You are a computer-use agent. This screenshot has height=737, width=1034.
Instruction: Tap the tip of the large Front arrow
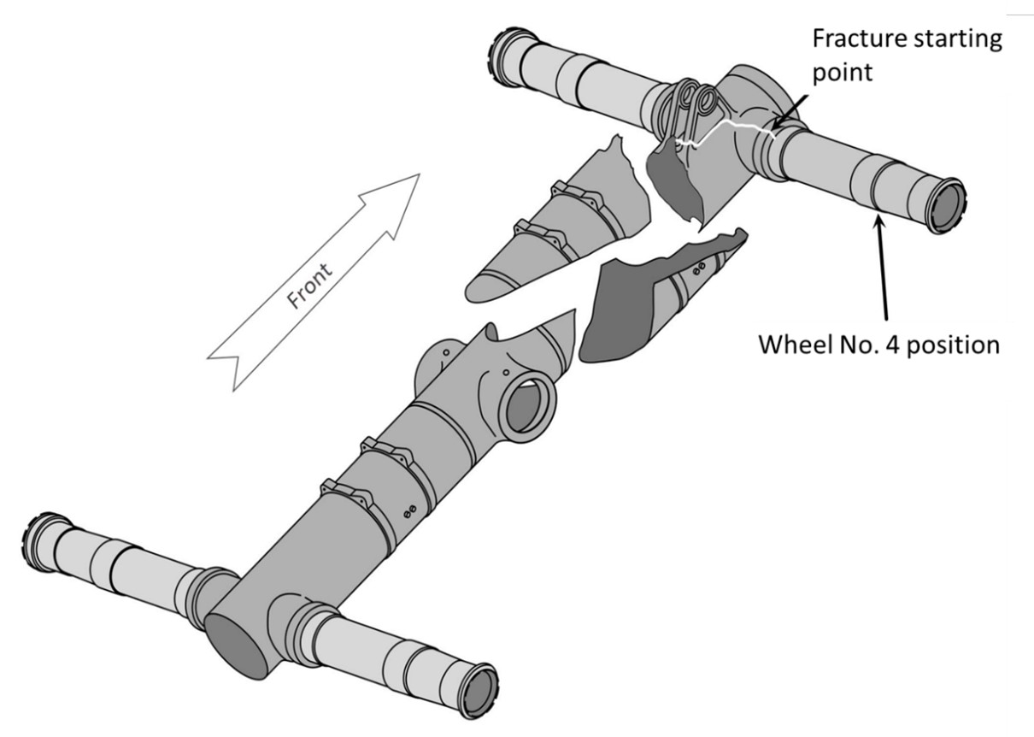(x=419, y=174)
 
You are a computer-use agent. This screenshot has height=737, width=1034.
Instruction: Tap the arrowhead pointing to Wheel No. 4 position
(x=875, y=221)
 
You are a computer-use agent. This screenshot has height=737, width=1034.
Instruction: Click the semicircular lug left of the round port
(x=436, y=363)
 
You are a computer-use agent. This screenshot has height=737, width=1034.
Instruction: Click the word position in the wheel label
(x=960, y=346)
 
